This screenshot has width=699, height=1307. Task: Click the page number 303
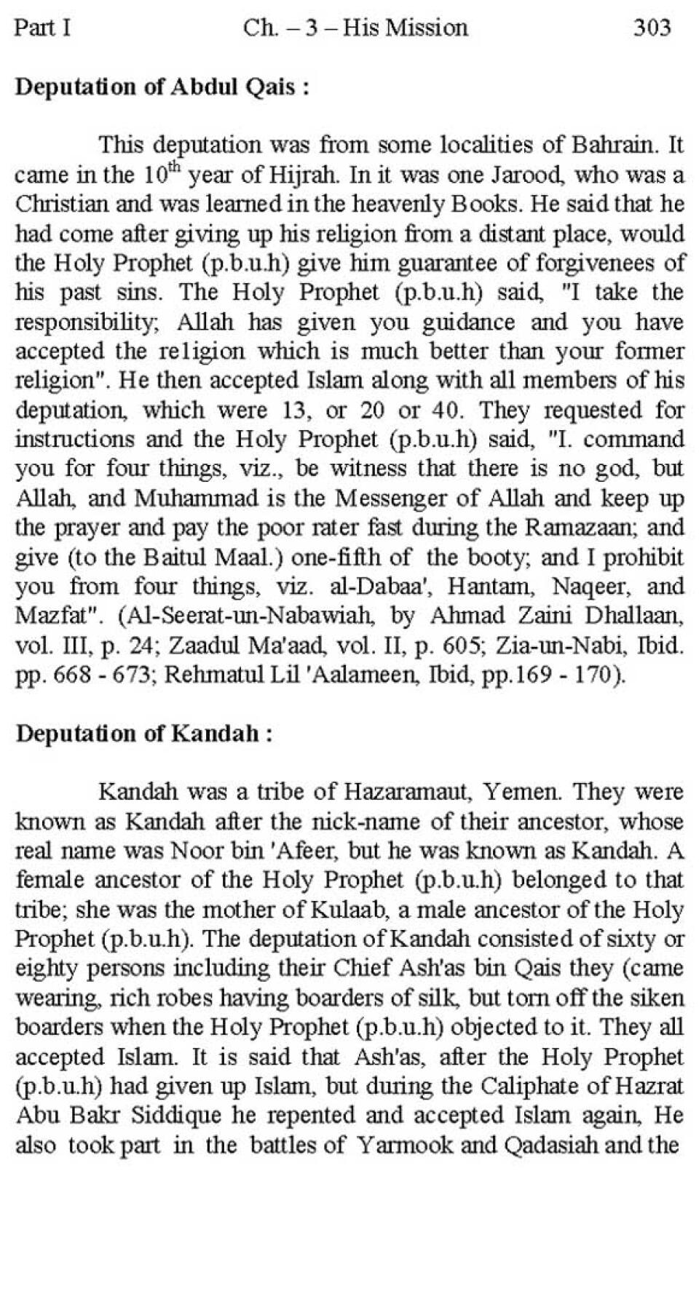coord(652,28)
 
